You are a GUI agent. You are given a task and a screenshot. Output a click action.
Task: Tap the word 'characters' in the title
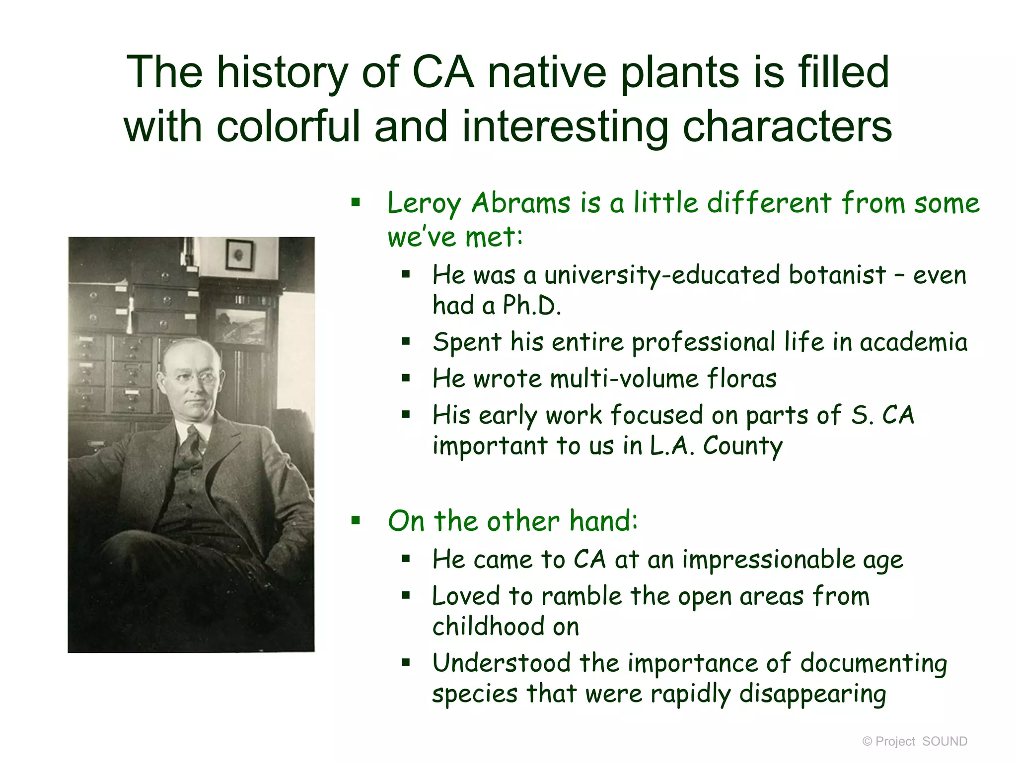(787, 127)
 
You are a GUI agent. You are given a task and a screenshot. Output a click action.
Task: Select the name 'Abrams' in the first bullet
(521, 203)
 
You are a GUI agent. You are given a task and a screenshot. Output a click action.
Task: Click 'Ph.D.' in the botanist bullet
(531, 306)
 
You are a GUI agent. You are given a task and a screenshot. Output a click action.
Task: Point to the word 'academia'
(913, 342)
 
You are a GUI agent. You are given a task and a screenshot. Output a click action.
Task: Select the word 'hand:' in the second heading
(603, 521)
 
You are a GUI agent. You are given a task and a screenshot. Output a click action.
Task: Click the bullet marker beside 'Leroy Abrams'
(356, 202)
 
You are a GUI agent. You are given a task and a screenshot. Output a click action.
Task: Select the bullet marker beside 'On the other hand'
(356, 520)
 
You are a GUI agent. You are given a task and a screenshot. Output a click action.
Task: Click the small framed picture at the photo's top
(239, 254)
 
